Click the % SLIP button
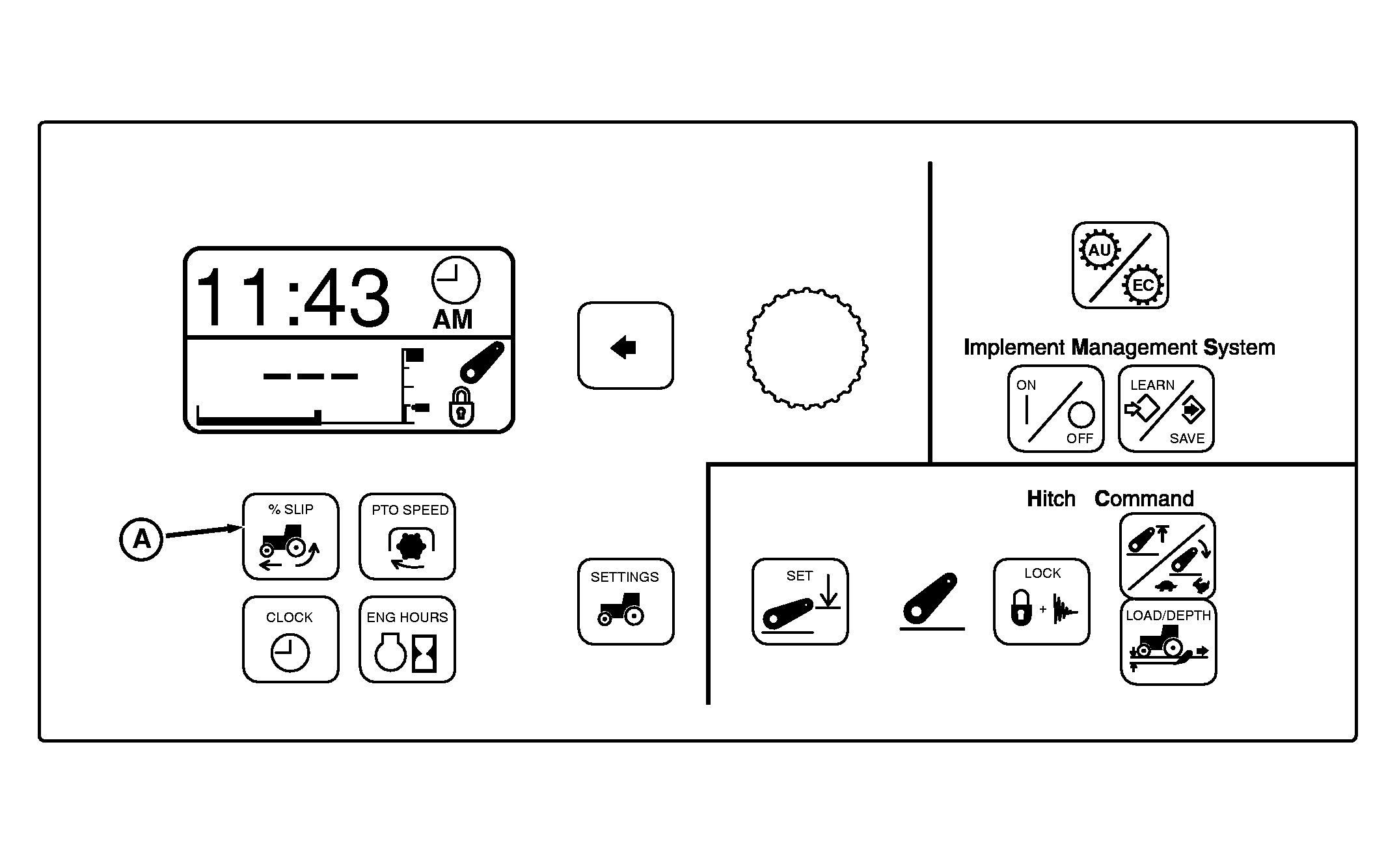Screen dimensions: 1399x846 (x=291, y=536)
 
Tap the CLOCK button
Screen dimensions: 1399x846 (x=291, y=639)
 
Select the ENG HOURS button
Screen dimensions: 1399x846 (x=407, y=639)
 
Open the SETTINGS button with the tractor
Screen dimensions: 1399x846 (x=626, y=601)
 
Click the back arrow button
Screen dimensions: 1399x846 (x=625, y=346)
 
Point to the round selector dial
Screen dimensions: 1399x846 (x=806, y=348)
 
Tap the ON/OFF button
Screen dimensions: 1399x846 (x=1056, y=409)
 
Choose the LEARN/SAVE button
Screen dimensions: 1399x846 (x=1166, y=409)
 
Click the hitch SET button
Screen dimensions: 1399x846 (x=800, y=601)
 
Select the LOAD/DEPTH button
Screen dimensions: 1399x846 (x=1169, y=642)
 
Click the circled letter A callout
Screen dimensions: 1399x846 (x=141, y=539)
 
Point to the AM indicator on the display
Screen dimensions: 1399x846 (x=453, y=320)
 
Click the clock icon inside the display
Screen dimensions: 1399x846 (x=455, y=280)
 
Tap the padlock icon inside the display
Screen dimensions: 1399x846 (x=461, y=407)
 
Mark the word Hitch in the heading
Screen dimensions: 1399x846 (x=1051, y=499)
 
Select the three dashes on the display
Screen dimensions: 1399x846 (x=310, y=376)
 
